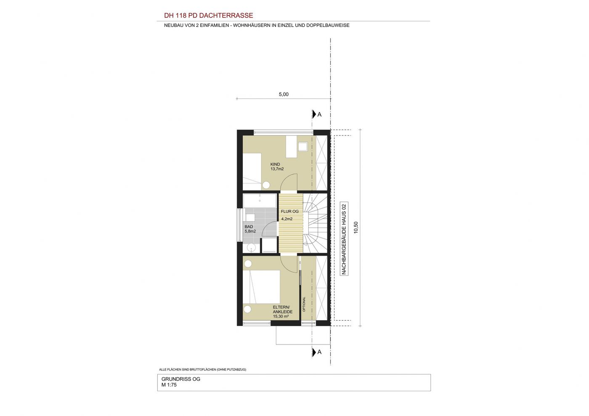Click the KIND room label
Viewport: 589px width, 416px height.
tap(275, 164)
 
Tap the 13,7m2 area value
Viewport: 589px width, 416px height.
tap(277, 169)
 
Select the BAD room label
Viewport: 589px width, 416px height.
tap(249, 227)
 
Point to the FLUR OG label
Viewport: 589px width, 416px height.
tap(290, 212)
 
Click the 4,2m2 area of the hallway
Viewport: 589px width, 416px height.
tap(287, 219)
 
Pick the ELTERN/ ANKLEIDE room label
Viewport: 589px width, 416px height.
tap(282, 310)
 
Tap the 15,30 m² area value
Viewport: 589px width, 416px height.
tap(281, 316)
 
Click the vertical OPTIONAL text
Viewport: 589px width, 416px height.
tap(304, 304)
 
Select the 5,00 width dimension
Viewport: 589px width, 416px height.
tap(284, 94)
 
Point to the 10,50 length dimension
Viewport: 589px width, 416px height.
tap(356, 228)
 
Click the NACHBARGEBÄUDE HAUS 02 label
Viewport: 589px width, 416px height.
tap(344, 238)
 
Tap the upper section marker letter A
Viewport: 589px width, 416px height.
tap(319, 114)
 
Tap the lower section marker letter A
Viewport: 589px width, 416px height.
tap(319, 352)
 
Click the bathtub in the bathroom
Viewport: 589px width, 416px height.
tap(260, 201)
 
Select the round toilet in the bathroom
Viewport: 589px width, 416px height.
tap(252, 248)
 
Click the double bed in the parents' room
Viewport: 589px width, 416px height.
tap(261, 287)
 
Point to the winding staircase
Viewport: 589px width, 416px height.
tap(315, 223)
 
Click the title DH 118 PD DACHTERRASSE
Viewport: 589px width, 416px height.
tap(209, 16)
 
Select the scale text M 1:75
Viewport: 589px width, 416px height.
tap(169, 385)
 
